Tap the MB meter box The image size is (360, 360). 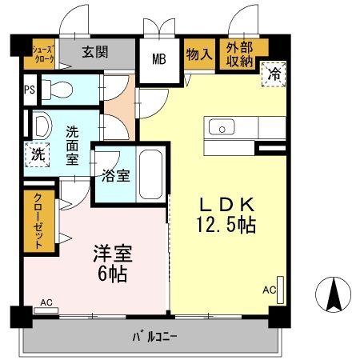159,58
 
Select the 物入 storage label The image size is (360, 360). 199,54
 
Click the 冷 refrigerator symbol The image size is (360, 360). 273,73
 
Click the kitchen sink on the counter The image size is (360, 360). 221,126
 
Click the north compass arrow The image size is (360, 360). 334,297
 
